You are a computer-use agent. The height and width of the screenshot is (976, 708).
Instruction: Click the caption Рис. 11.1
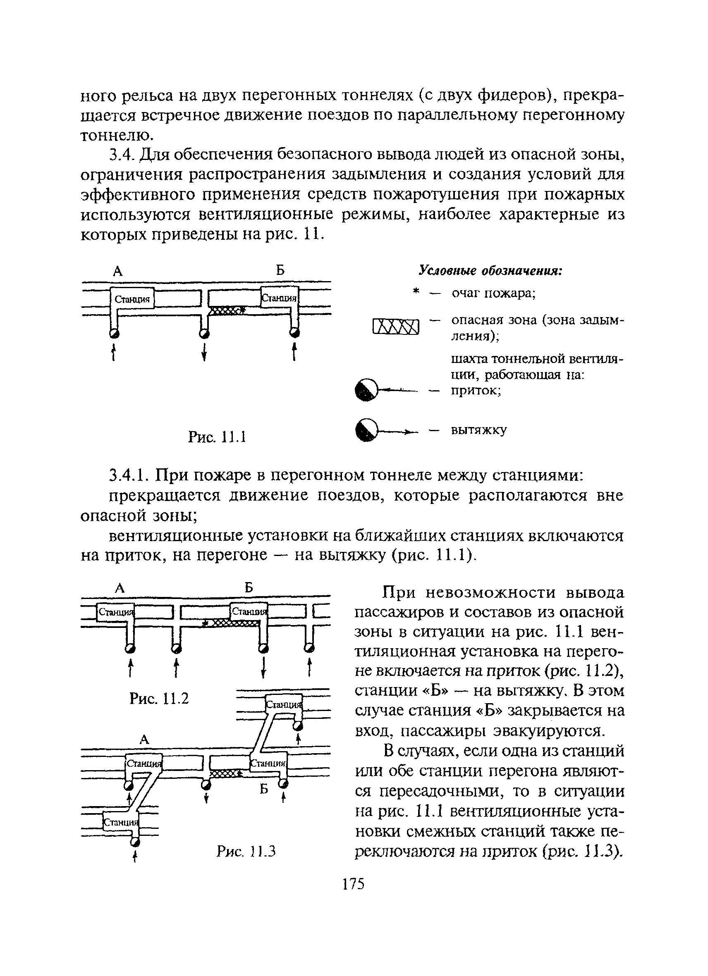(x=217, y=437)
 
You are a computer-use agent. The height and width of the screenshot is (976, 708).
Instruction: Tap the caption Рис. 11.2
(x=159, y=699)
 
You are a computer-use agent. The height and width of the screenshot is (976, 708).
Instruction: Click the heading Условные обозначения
(x=490, y=271)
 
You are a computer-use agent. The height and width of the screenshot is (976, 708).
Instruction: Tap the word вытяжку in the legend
(x=478, y=430)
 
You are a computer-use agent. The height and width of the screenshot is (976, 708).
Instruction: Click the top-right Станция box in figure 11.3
(x=285, y=704)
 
